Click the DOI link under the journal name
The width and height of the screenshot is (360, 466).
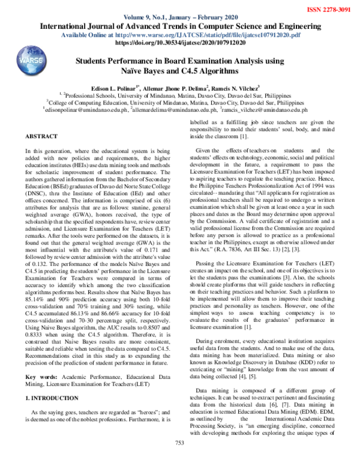coord(180,44)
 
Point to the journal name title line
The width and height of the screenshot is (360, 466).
coord(180,27)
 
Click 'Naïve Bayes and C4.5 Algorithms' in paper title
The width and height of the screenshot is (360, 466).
coord(180,71)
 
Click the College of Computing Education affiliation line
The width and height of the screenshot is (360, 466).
coord(180,103)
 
